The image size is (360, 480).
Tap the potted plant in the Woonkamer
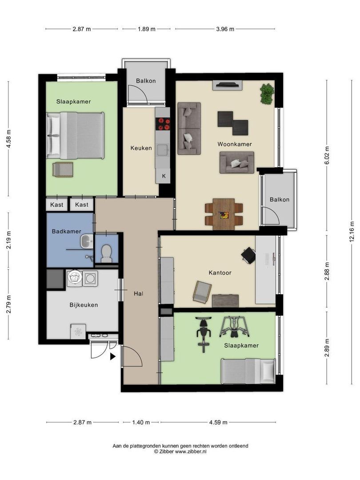click(x=267, y=94)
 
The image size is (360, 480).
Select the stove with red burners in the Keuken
click(x=163, y=124)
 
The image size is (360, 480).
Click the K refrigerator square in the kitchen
click(x=164, y=176)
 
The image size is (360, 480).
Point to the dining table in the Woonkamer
click(x=224, y=214)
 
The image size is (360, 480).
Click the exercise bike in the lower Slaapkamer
click(x=203, y=334)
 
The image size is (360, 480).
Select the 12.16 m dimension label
click(x=352, y=232)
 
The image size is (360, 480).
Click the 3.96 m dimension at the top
click(x=225, y=29)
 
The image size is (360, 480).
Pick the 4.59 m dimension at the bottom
click(x=218, y=423)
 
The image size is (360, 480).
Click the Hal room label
click(x=138, y=294)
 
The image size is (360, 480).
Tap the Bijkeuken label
click(x=84, y=305)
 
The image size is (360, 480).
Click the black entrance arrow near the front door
click(x=112, y=356)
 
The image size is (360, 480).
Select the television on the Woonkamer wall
click(x=228, y=85)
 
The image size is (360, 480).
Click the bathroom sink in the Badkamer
click(x=87, y=240)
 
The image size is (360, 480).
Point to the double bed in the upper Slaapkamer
click(x=75, y=135)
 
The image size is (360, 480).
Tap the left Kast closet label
click(x=56, y=204)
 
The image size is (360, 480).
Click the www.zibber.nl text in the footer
click(x=191, y=451)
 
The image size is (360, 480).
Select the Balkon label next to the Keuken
click(x=146, y=81)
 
